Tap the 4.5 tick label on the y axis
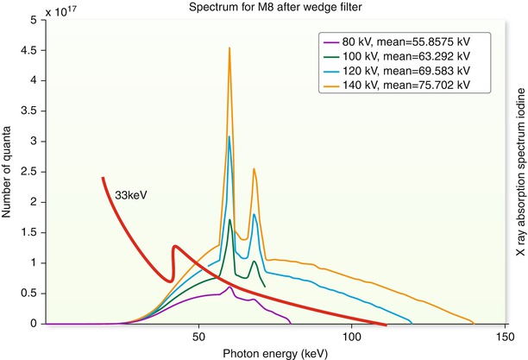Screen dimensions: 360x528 coord(34,49)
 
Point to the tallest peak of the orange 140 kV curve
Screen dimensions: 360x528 coord(229,49)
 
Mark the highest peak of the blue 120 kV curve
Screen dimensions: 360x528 coord(229,136)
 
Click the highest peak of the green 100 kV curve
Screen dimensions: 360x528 coord(229,220)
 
